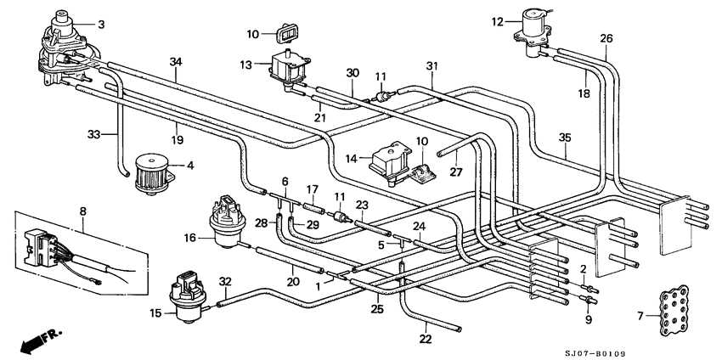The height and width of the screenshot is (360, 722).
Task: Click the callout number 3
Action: pyautogui.click(x=101, y=25)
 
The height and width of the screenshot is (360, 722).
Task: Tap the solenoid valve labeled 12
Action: pyautogui.click(x=534, y=32)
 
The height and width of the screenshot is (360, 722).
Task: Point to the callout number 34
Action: pyautogui.click(x=176, y=62)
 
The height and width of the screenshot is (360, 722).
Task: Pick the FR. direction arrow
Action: pyautogui.click(x=41, y=340)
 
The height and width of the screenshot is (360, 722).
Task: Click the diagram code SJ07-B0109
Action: pyautogui.click(x=595, y=353)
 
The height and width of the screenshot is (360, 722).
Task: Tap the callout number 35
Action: pyautogui.click(x=565, y=138)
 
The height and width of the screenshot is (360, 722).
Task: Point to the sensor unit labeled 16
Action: pyautogui.click(x=225, y=222)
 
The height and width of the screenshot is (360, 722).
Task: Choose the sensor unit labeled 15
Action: pyautogui.click(x=188, y=297)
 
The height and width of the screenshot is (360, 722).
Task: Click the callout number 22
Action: pyautogui.click(x=426, y=340)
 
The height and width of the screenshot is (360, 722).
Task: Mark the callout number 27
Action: pyautogui.click(x=455, y=172)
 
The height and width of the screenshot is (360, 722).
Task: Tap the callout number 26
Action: pyautogui.click(x=606, y=39)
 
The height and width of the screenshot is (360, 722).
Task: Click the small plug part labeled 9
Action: pyautogui.click(x=589, y=301)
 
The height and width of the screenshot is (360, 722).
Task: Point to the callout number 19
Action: pyautogui.click(x=178, y=139)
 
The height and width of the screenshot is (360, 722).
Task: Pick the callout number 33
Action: pyautogui.click(x=94, y=134)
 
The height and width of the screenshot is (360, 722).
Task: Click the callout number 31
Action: pyautogui.click(x=432, y=66)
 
